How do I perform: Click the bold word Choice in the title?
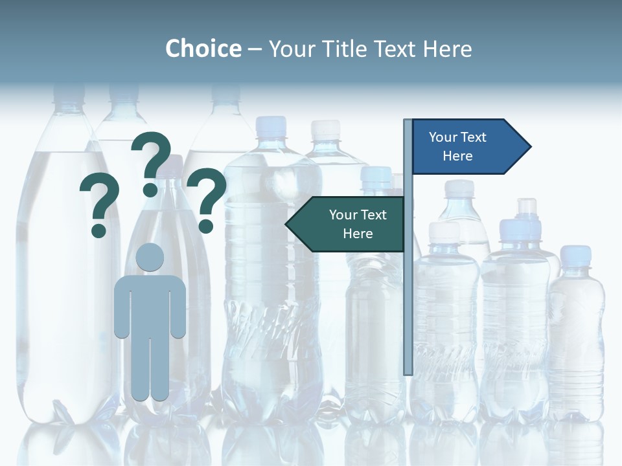(203, 49)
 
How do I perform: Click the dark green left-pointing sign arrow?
(347, 224)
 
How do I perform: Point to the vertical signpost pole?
(408, 291)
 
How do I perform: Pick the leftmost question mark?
(99, 201)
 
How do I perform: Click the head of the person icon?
(150, 257)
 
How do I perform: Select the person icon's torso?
(150, 304)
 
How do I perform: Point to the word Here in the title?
(447, 49)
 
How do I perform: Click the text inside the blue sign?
(457, 146)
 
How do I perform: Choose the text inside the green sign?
(357, 224)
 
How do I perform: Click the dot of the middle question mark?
(150, 190)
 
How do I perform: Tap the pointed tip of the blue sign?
(529, 146)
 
